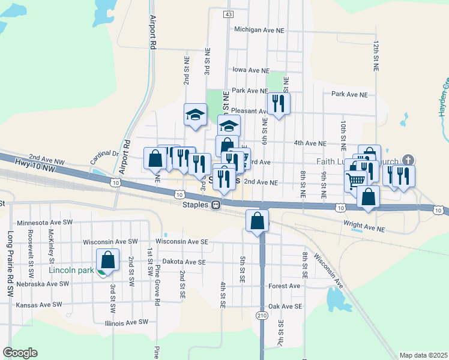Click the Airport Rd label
153,32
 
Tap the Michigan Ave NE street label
259,29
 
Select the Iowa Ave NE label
250,70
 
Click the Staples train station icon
214,204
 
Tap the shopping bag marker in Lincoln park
108,260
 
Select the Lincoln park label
71,270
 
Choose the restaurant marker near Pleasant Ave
279,103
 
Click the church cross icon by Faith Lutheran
408,160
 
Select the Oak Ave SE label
285,306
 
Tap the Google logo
20,353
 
